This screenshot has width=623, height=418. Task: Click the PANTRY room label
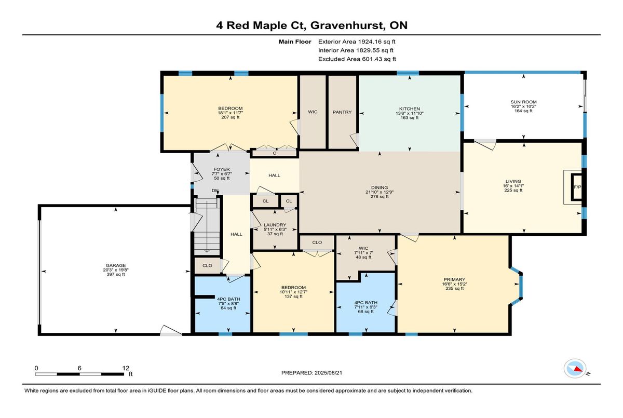pyautogui.click(x=342, y=112)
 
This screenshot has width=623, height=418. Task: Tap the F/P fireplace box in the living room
pyautogui.click(x=577, y=187)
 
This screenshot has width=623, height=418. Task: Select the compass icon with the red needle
pyautogui.click(x=575, y=368)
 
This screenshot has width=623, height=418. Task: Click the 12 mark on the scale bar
pyautogui.click(x=126, y=368)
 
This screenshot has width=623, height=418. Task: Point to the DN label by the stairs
pyautogui.click(x=215, y=191)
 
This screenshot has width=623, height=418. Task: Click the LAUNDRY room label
pyautogui.click(x=275, y=225)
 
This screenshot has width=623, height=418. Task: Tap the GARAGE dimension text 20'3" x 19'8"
pyautogui.click(x=116, y=270)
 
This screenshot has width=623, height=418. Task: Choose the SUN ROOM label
pyautogui.click(x=523, y=102)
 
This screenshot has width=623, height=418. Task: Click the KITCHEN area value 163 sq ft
pyautogui.click(x=410, y=118)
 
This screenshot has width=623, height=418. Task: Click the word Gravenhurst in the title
pyautogui.click(x=348, y=25)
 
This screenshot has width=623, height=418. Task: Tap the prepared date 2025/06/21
pyautogui.click(x=328, y=373)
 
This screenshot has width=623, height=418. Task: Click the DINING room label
pyautogui.click(x=380, y=187)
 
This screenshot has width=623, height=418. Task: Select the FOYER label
pyautogui.click(x=222, y=169)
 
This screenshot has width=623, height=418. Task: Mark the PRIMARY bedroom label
pyautogui.click(x=454, y=279)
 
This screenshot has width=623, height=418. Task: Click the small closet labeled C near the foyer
pyautogui.click(x=275, y=153)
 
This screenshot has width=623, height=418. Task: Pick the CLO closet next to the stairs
pyautogui.click(x=207, y=265)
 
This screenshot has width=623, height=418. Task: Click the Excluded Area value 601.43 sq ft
pyautogui.click(x=379, y=59)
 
